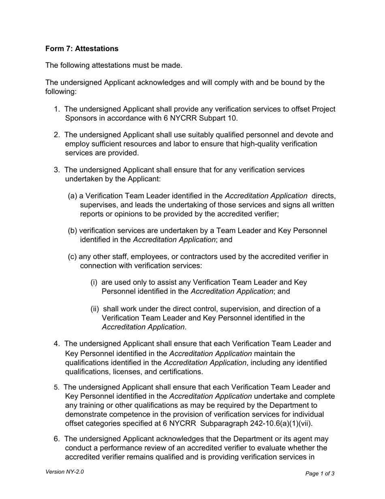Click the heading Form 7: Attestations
(x=82, y=49)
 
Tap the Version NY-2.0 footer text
(x=65, y=472)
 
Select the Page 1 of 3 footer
(x=320, y=473)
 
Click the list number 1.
(x=57, y=109)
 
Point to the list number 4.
(x=57, y=344)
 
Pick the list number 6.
(x=57, y=439)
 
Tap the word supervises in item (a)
(x=98, y=205)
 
